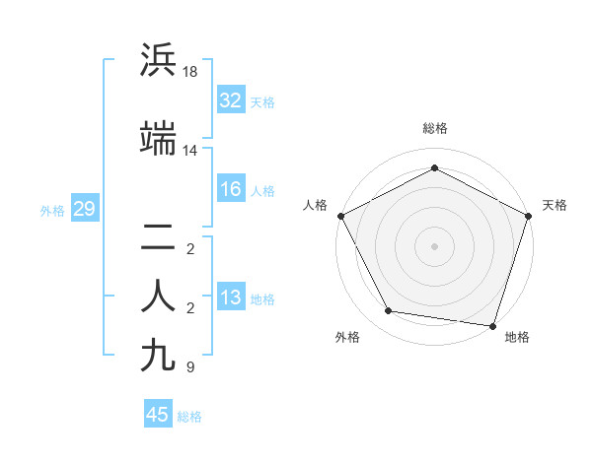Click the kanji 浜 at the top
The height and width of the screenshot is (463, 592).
coord(159,60)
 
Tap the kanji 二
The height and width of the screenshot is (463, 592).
coord(159,236)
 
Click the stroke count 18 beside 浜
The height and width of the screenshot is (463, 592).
coord(191,72)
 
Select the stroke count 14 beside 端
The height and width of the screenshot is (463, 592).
coord(191,151)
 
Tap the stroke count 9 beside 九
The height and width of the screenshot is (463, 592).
coord(189,367)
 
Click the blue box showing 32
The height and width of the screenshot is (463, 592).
coord(231,100)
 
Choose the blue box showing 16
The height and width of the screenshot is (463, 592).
coord(231,189)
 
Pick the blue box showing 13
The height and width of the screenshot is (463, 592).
coord(231,298)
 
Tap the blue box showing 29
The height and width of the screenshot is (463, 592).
coord(84,209)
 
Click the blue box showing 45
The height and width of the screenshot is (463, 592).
coord(158,415)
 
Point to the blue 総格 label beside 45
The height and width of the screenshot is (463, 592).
coord(189,417)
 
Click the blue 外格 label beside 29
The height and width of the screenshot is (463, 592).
coord(52,210)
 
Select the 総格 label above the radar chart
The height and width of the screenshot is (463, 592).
coord(435,128)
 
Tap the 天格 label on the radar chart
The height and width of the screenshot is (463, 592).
coord(555,205)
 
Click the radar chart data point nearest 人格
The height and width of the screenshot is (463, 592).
coord(340,216)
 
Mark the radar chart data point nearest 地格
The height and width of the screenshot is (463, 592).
coord(493,325)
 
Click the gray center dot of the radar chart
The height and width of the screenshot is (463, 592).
coord(435,245)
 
